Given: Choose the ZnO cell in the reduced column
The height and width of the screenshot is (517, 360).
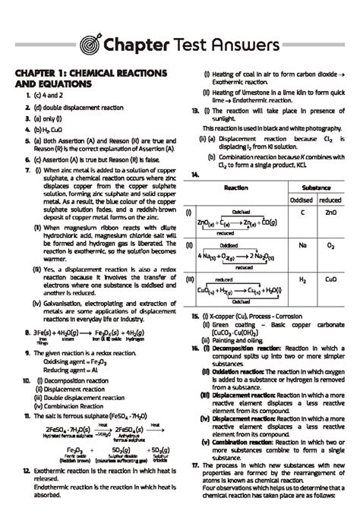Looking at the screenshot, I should [x=330, y=212].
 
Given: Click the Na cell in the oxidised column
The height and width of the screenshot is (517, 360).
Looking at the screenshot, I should [x=302, y=247].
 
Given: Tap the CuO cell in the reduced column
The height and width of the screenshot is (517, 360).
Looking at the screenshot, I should [x=330, y=280].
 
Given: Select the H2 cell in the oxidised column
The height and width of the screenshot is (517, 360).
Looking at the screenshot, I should [x=302, y=280].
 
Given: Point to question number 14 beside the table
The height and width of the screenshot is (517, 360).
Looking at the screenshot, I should [x=195, y=175].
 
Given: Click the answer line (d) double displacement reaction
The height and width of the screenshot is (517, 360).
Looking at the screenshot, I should [x=76, y=110].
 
